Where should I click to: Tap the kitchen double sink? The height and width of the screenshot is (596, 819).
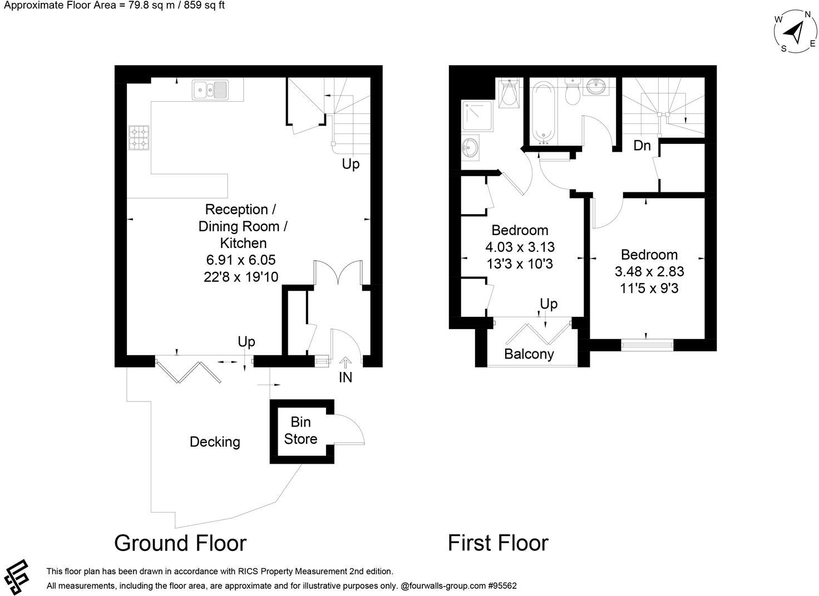click(210, 90)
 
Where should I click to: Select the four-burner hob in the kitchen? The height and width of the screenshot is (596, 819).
click(140, 138)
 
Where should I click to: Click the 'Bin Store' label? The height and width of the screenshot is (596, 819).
click(300, 430)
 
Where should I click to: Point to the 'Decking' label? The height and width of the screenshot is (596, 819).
click(215, 442)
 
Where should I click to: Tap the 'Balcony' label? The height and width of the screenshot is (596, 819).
click(529, 354)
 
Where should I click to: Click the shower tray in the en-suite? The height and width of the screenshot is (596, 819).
click(477, 116)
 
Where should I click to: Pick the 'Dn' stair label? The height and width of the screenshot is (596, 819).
click(642, 146)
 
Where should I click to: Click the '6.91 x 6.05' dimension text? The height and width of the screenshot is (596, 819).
click(241, 260)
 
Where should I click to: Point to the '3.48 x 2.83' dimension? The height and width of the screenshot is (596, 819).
click(649, 272)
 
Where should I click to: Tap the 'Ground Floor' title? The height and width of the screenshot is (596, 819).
click(180, 543)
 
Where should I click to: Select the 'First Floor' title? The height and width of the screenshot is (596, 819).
click(498, 543)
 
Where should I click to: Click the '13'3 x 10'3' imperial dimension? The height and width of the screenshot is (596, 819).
click(520, 264)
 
